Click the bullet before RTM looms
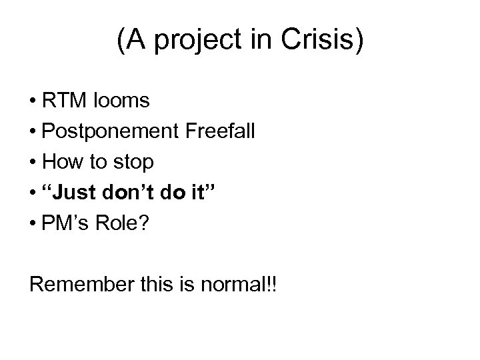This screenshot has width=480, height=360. pos(33,101)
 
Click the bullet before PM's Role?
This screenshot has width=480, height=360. pos(33,224)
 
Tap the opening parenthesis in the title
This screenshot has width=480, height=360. pos(121,42)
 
